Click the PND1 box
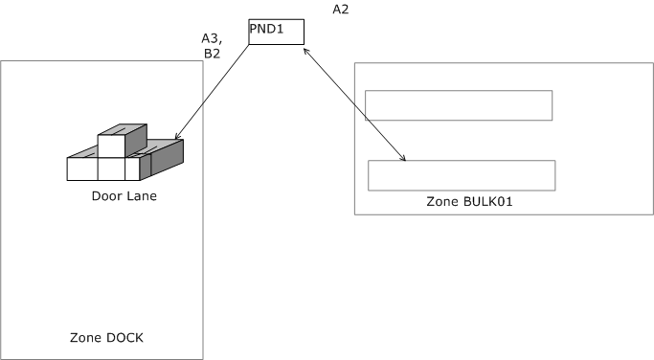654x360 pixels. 276,31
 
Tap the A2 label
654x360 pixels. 340,10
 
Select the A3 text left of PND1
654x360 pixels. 211,38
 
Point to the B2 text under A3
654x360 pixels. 212,54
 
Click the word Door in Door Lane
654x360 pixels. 106,196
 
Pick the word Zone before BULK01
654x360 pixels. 443,203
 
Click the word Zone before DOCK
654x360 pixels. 86,338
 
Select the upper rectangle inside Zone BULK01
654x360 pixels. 459,105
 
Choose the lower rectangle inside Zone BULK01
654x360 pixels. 462,175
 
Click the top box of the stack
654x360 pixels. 112,145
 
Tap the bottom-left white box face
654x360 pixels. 81,169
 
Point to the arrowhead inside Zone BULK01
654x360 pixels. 407,159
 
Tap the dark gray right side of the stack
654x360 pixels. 167,158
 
